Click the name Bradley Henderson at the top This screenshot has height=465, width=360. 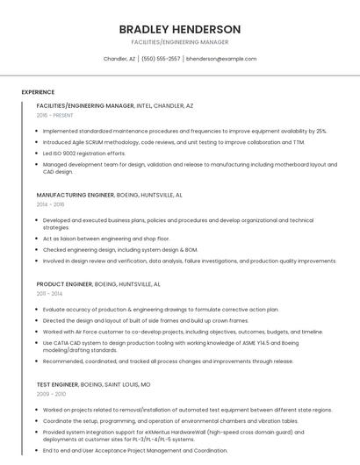pyautogui.click(x=180, y=29)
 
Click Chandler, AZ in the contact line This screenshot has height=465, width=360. pyautogui.click(x=119, y=59)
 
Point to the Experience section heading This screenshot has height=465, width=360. pyautogui.click(x=38, y=92)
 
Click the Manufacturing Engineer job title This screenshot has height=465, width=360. pyautogui.click(x=76, y=195)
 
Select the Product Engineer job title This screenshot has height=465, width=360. pyautogui.click(x=64, y=284)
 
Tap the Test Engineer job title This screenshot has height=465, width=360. pyautogui.click(x=57, y=384)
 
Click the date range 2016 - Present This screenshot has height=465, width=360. pyautogui.click(x=55, y=115)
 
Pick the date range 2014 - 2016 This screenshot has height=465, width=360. pyautogui.click(x=50, y=204)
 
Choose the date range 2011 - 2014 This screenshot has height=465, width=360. pyautogui.click(x=49, y=294)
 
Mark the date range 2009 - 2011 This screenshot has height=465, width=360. pyautogui.click(x=50, y=394)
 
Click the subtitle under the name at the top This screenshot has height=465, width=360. pyautogui.click(x=180, y=42)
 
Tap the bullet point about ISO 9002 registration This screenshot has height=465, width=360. pyautogui.click(x=83, y=153)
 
